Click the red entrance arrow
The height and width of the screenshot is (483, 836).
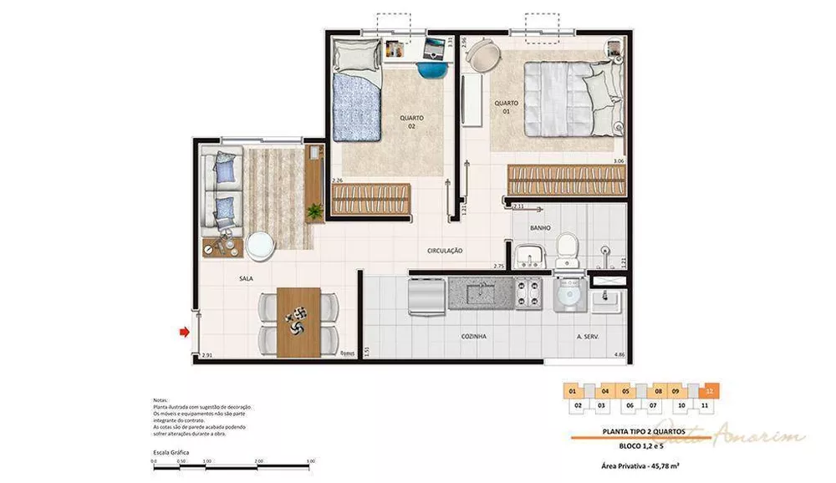pyautogui.click(x=184, y=332)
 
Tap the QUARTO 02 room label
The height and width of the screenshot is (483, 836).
pyautogui.click(x=411, y=122)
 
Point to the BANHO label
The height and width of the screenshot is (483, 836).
pyautogui.click(x=539, y=227)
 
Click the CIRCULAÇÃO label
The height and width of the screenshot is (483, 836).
pyautogui.click(x=445, y=251)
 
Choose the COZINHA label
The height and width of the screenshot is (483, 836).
pyautogui.click(x=474, y=336)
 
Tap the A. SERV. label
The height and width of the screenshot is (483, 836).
pyautogui.click(x=590, y=336)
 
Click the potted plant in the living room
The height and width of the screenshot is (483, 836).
pyautogui.click(x=315, y=212)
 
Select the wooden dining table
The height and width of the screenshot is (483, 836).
pyautogui.click(x=297, y=322)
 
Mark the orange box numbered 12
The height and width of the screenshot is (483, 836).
pyautogui.click(x=709, y=391)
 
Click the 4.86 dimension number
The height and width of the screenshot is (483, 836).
pyautogui.click(x=619, y=355)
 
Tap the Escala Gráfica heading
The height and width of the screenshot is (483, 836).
pyautogui.click(x=171, y=452)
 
